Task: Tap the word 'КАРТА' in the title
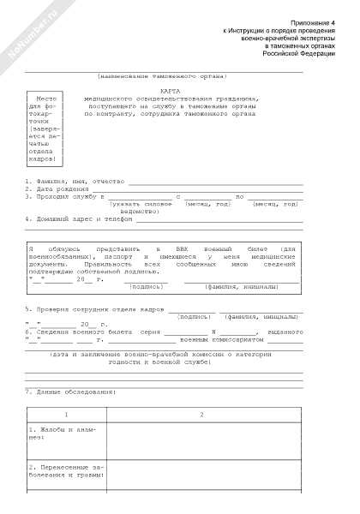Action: [171, 91]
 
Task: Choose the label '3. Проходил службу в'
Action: [65, 196]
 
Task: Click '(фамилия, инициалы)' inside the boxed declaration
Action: [243, 287]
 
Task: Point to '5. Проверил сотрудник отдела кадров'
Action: [94, 308]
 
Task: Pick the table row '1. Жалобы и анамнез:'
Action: [65, 433]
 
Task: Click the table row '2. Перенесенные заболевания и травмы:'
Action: [65, 469]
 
